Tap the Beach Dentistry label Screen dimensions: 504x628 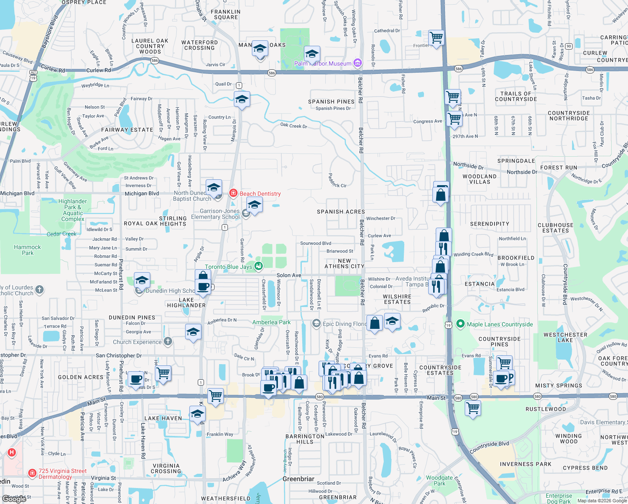coord(260,194)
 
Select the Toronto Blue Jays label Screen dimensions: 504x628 coord(228,267)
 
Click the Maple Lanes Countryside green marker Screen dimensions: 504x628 coord(461,324)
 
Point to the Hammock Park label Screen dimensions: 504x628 coord(27,250)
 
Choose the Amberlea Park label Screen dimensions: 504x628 coord(271,322)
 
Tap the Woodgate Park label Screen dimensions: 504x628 coord(439,480)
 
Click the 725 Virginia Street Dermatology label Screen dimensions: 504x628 coord(62,474)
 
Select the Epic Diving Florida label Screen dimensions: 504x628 coord(345,324)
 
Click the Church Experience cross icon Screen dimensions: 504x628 coord(168,341)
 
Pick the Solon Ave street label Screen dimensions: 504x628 coord(289,276)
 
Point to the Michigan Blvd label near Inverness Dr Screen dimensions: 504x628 coord(142,194)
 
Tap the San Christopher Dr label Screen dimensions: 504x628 coord(119,355)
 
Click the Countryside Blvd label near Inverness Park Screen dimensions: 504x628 coord(489,447)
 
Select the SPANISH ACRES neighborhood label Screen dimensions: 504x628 coord(341,212)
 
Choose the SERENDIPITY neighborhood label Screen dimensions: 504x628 coord(489,224)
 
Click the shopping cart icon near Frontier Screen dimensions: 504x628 coord(436,38)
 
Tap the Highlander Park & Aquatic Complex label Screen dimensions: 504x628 coord(73,210)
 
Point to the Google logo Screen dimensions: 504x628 coord(14,499)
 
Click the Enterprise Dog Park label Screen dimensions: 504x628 coord(559,499)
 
